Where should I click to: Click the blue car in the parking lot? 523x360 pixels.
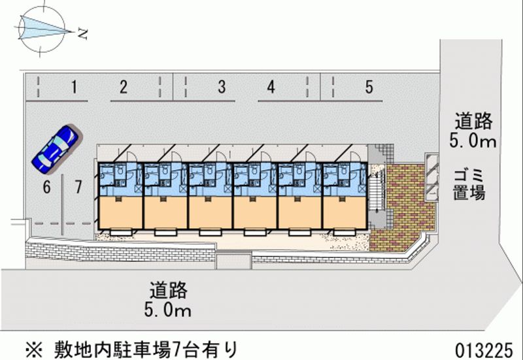coord(56,146)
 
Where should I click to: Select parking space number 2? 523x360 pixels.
coord(123,87)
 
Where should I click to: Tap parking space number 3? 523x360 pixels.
coord(222,87)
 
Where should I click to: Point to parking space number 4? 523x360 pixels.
coord(271,87)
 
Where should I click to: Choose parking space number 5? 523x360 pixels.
coord(369,87)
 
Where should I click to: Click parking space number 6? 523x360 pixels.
coord(46,188)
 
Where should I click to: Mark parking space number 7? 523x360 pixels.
coord(78,188)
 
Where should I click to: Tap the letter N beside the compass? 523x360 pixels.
coord(82,34)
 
